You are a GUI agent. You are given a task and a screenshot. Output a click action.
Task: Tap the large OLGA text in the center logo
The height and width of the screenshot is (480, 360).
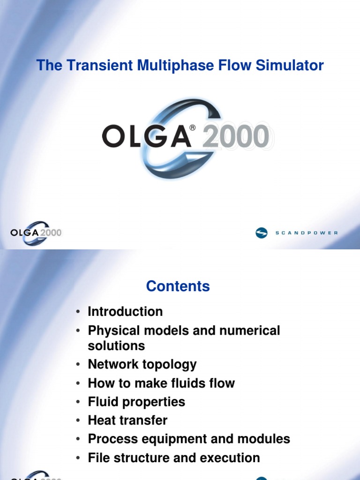pyautogui.click(x=146, y=137)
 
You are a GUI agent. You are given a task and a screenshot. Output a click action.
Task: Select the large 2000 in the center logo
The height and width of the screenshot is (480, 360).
pyautogui.click(x=236, y=137)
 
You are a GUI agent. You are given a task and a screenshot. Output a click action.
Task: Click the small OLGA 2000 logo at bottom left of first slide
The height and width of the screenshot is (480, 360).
pyautogui.click(x=36, y=232)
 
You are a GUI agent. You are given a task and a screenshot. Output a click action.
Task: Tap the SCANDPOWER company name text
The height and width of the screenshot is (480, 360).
pyautogui.click(x=307, y=233)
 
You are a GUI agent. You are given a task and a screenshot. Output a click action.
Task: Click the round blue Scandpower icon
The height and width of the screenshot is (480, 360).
pyautogui.click(x=262, y=232)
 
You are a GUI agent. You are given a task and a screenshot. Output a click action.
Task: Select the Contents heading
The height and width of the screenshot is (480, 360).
pyautogui.click(x=178, y=286)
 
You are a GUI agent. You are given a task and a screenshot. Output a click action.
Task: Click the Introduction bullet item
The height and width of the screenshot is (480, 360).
pyautogui.click(x=125, y=312)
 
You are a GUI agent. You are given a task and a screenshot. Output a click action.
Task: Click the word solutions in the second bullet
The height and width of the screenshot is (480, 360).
pyautogui.click(x=116, y=345)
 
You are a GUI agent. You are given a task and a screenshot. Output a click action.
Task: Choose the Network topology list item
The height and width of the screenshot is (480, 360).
pyautogui.click(x=142, y=364)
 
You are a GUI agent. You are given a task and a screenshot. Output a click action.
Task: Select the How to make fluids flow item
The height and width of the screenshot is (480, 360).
pyautogui.click(x=161, y=383)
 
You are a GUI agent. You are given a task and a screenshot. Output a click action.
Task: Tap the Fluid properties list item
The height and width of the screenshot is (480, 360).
pyautogui.click(x=136, y=402)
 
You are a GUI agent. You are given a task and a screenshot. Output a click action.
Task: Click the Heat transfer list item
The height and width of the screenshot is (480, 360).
pyautogui.click(x=127, y=420)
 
